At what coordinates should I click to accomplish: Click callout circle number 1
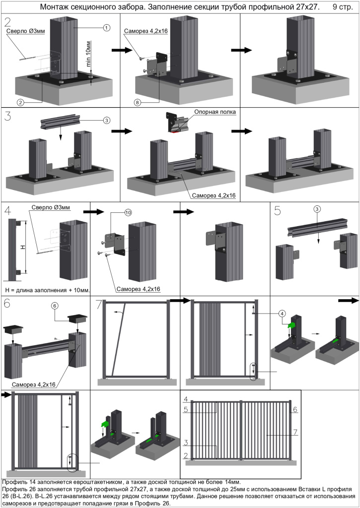pos(107,28)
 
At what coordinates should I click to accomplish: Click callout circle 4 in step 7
pos(282,313)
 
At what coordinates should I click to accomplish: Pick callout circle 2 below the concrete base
pos(21,102)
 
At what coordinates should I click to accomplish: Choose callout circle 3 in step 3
pos(107,120)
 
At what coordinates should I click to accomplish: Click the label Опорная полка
pos(215,112)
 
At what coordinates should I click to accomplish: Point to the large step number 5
pos(278,210)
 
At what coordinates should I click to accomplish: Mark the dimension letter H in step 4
pos(22,247)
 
